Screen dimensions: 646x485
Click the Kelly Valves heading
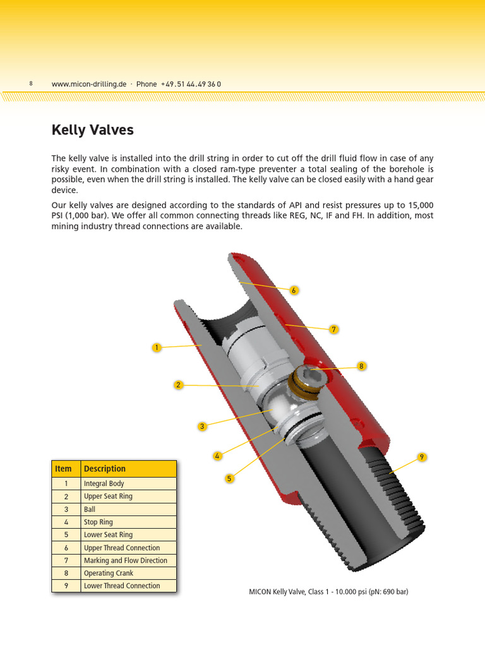tap(92, 131)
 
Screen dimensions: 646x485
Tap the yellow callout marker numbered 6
tap(294, 290)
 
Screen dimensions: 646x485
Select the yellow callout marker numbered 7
tap(333, 329)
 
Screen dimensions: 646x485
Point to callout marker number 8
tap(361, 366)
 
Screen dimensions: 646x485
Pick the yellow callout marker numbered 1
tap(157, 348)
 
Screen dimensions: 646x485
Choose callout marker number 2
tap(179, 385)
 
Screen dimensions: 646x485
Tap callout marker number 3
tap(202, 426)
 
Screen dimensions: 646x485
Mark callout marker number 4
tap(217, 455)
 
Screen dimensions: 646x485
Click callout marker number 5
tap(230, 479)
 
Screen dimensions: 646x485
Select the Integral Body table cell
tap(104, 484)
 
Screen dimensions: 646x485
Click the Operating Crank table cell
tap(109, 573)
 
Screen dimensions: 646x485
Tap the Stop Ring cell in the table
tap(99, 522)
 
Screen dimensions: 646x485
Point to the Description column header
tap(105, 469)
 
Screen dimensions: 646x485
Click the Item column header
tap(64, 469)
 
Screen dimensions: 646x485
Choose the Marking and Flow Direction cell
tap(126, 560)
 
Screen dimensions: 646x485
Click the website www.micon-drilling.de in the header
tap(89, 84)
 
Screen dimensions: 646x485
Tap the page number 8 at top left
tap(31, 84)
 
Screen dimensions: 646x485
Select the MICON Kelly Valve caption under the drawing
tap(328, 592)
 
